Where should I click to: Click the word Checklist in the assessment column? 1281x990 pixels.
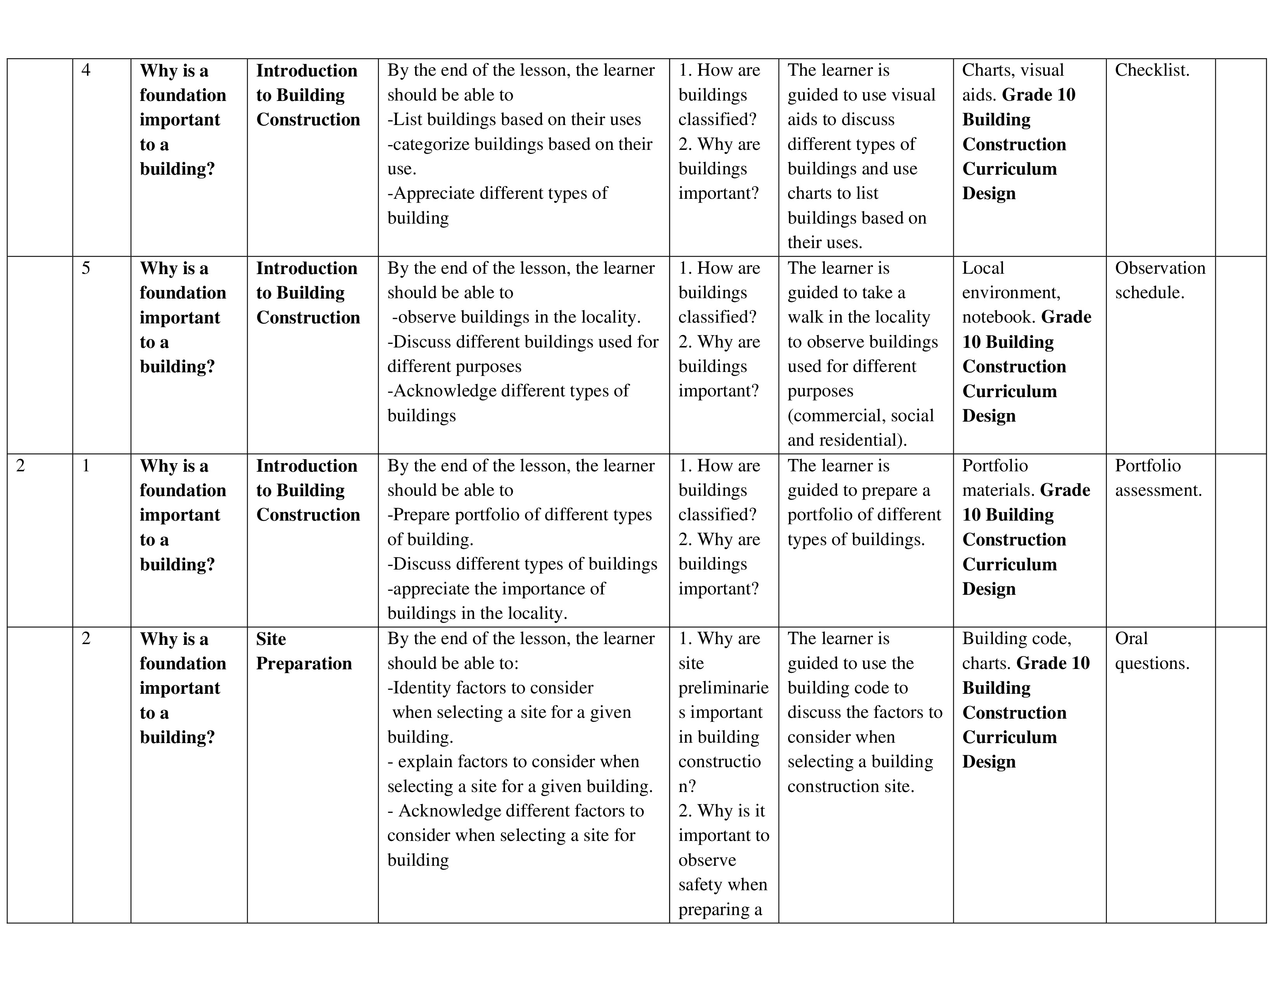pyautogui.click(x=1151, y=70)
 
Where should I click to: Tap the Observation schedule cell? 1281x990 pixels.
pyautogui.click(x=1159, y=280)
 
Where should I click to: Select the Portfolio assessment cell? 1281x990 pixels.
pyautogui.click(x=1158, y=478)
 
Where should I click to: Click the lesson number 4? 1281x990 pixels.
pyautogui.click(x=86, y=70)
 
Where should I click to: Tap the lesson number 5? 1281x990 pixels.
pyautogui.click(x=86, y=268)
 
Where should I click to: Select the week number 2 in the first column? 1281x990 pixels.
pyautogui.click(x=21, y=465)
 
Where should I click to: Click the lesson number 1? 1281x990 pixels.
pyautogui.click(x=86, y=465)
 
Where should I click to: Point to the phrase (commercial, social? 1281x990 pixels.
pyautogui.click(x=860, y=416)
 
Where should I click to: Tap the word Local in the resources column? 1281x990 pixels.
pyautogui.click(x=983, y=268)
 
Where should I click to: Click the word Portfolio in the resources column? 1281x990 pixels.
pyautogui.click(x=995, y=465)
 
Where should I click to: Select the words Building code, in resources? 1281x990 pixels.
pyautogui.click(x=1017, y=639)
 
